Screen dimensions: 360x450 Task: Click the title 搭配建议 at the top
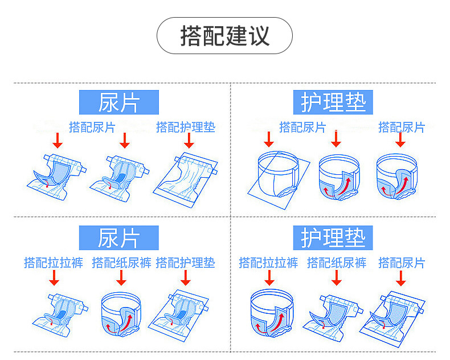tap(224, 35)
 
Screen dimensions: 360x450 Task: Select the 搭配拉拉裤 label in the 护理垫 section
tap(268, 263)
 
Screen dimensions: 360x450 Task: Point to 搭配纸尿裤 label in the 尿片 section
tap(121, 263)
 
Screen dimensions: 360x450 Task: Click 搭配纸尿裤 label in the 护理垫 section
tap(337, 263)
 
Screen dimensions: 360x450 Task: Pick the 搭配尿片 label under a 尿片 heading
tap(92, 127)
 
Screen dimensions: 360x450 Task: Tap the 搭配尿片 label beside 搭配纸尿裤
tap(402, 263)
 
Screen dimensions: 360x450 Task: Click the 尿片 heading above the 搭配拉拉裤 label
tap(118, 238)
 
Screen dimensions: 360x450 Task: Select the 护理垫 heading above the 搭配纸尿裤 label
tap(333, 238)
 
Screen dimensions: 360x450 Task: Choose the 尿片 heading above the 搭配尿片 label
tap(118, 103)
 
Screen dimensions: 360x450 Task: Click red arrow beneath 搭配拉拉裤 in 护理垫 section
tap(269, 278)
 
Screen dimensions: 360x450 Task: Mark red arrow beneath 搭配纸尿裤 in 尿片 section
tap(121, 278)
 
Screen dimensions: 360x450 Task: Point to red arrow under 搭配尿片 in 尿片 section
tap(125, 141)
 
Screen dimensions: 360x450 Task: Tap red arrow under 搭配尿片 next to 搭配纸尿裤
tap(401, 278)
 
